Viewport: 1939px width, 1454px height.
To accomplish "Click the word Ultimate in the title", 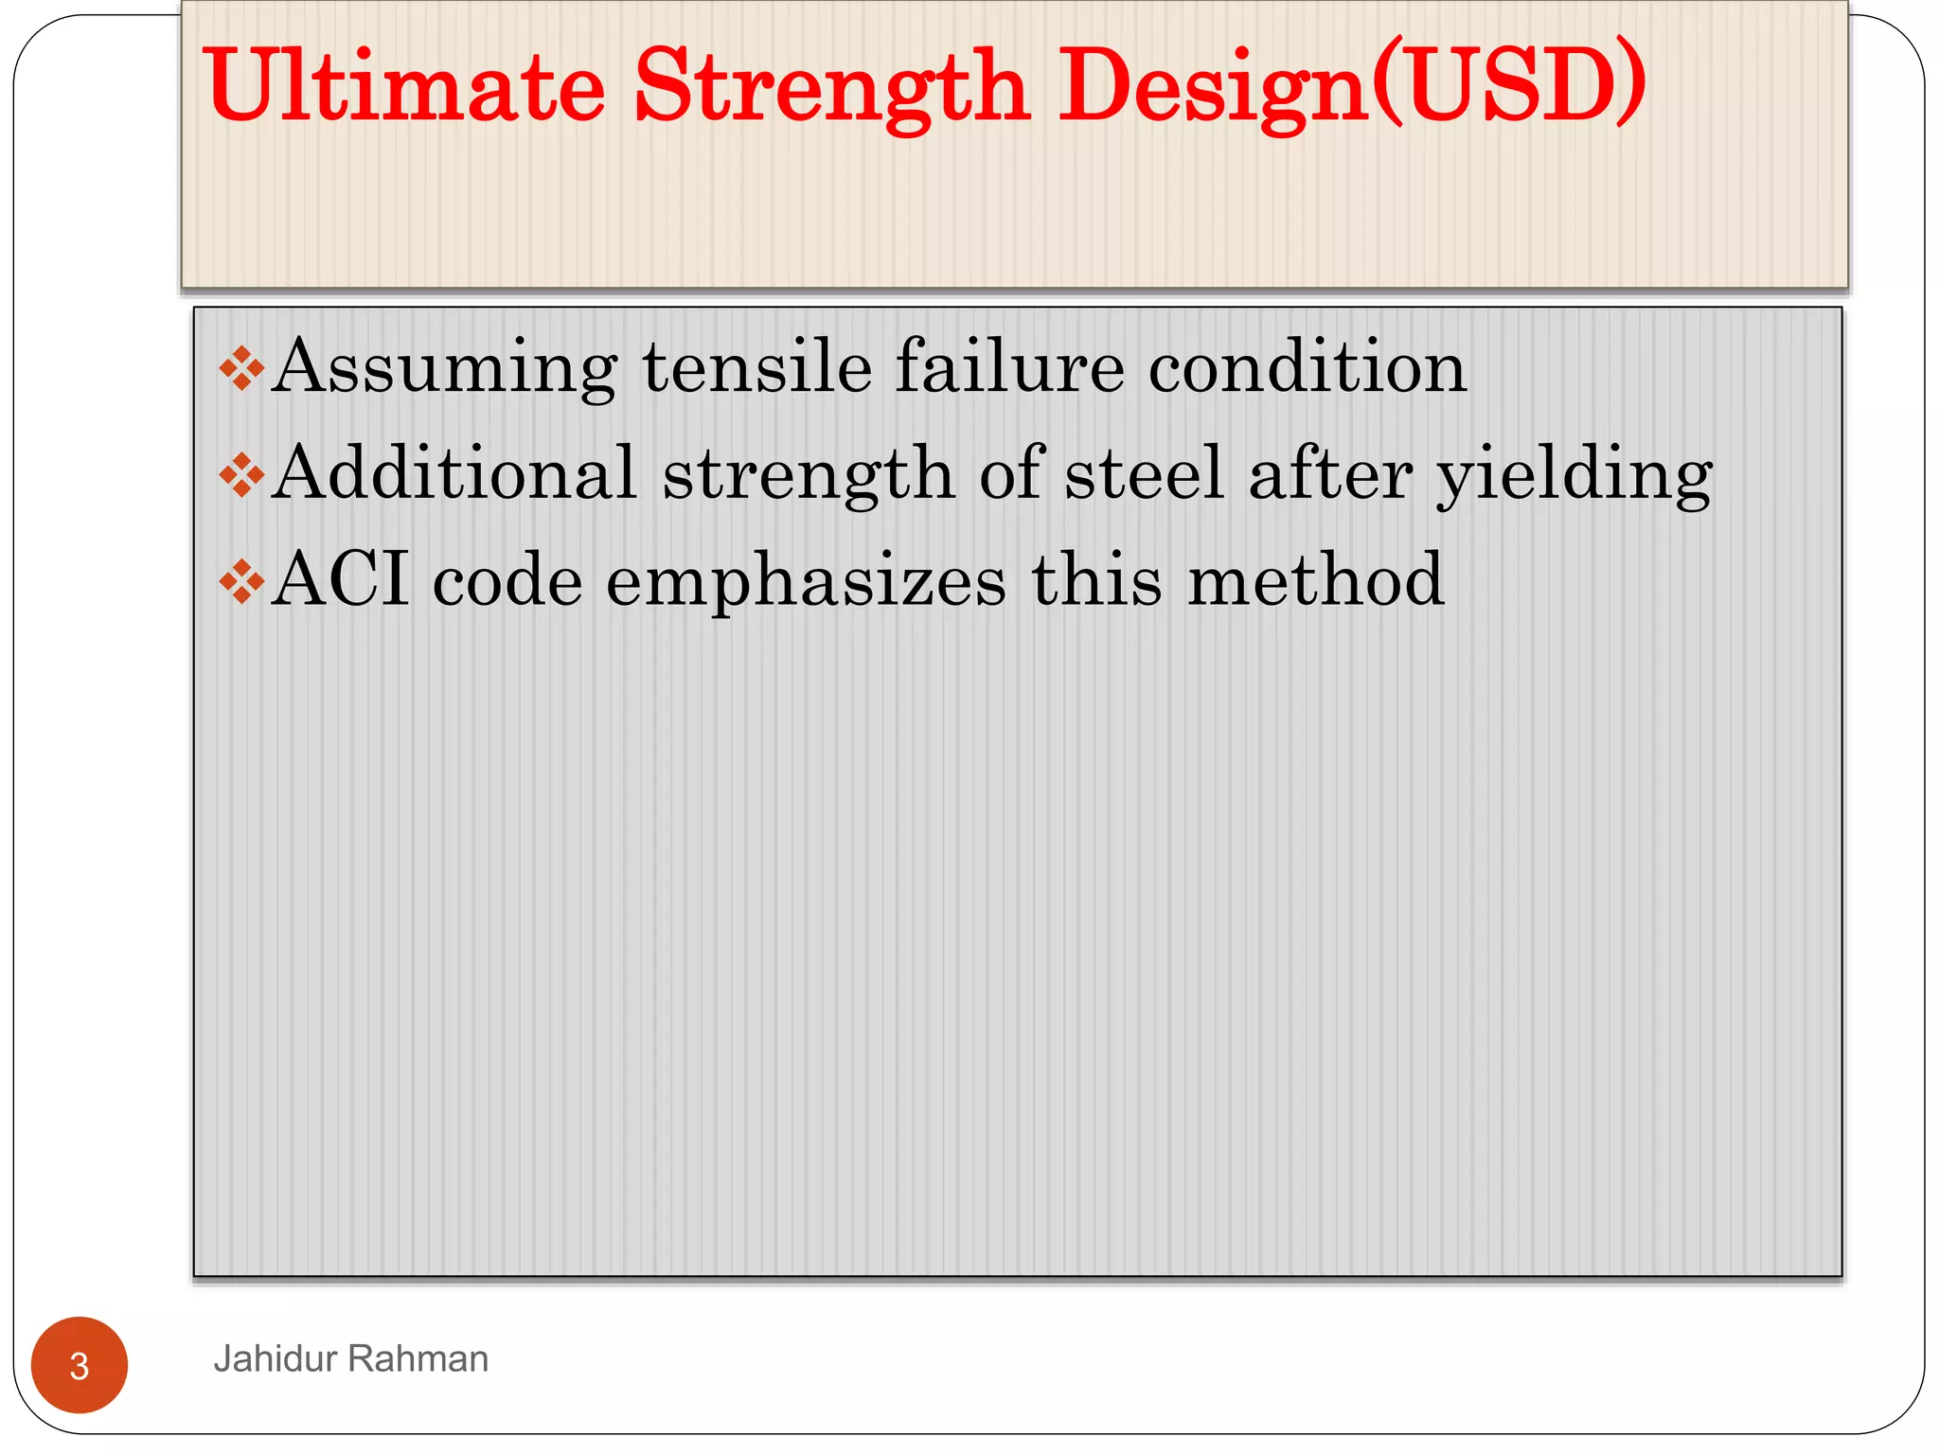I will (x=404, y=86).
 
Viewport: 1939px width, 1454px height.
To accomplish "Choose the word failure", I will (x=1009, y=366).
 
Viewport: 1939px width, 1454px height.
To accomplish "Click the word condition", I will (x=1307, y=366).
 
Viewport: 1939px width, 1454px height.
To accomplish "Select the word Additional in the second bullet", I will (x=454, y=472).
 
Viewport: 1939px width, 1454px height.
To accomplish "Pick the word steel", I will (x=1144, y=472).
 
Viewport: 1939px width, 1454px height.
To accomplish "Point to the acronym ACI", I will (x=341, y=579).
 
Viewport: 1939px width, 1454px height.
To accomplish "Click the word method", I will (x=1315, y=579).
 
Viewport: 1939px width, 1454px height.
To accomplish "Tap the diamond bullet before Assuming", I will (x=241, y=368).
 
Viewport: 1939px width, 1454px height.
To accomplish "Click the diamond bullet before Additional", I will (x=241, y=474).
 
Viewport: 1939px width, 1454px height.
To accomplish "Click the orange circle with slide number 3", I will (x=80, y=1365).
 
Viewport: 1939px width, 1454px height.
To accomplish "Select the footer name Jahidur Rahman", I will (x=350, y=1359).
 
